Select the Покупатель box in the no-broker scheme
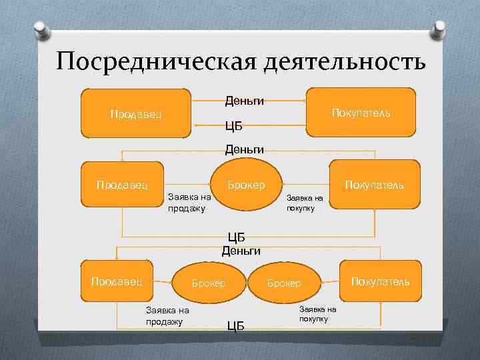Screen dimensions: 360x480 point(361,113)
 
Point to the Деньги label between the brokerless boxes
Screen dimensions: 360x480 point(244,101)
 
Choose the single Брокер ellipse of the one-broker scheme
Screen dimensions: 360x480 point(246,184)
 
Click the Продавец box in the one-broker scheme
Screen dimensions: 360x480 point(122,184)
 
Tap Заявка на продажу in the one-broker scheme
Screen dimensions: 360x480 point(189,203)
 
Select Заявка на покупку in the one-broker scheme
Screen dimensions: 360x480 point(305,203)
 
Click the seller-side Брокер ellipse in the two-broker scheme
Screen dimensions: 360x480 point(208,283)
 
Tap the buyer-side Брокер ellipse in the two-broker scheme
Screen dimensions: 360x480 point(284,283)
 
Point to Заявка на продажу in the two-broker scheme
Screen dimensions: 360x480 point(167,315)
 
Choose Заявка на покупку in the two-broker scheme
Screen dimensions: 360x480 point(317,314)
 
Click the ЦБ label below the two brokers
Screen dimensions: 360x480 point(236,326)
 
